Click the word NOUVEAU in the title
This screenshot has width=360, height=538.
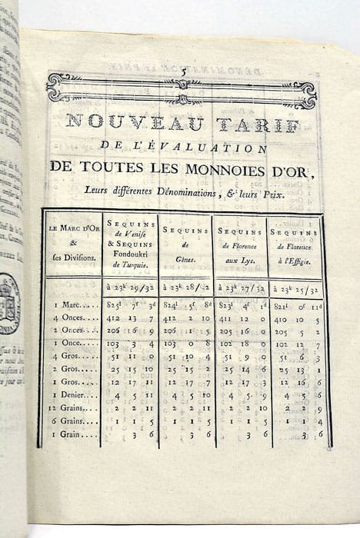pos(120,121)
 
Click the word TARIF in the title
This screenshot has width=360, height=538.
pos(252,121)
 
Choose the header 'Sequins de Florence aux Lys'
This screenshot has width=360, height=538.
pos(240,244)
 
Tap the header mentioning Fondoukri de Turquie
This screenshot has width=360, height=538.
pos(129,244)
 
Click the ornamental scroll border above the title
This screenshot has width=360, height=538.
pos(185,88)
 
